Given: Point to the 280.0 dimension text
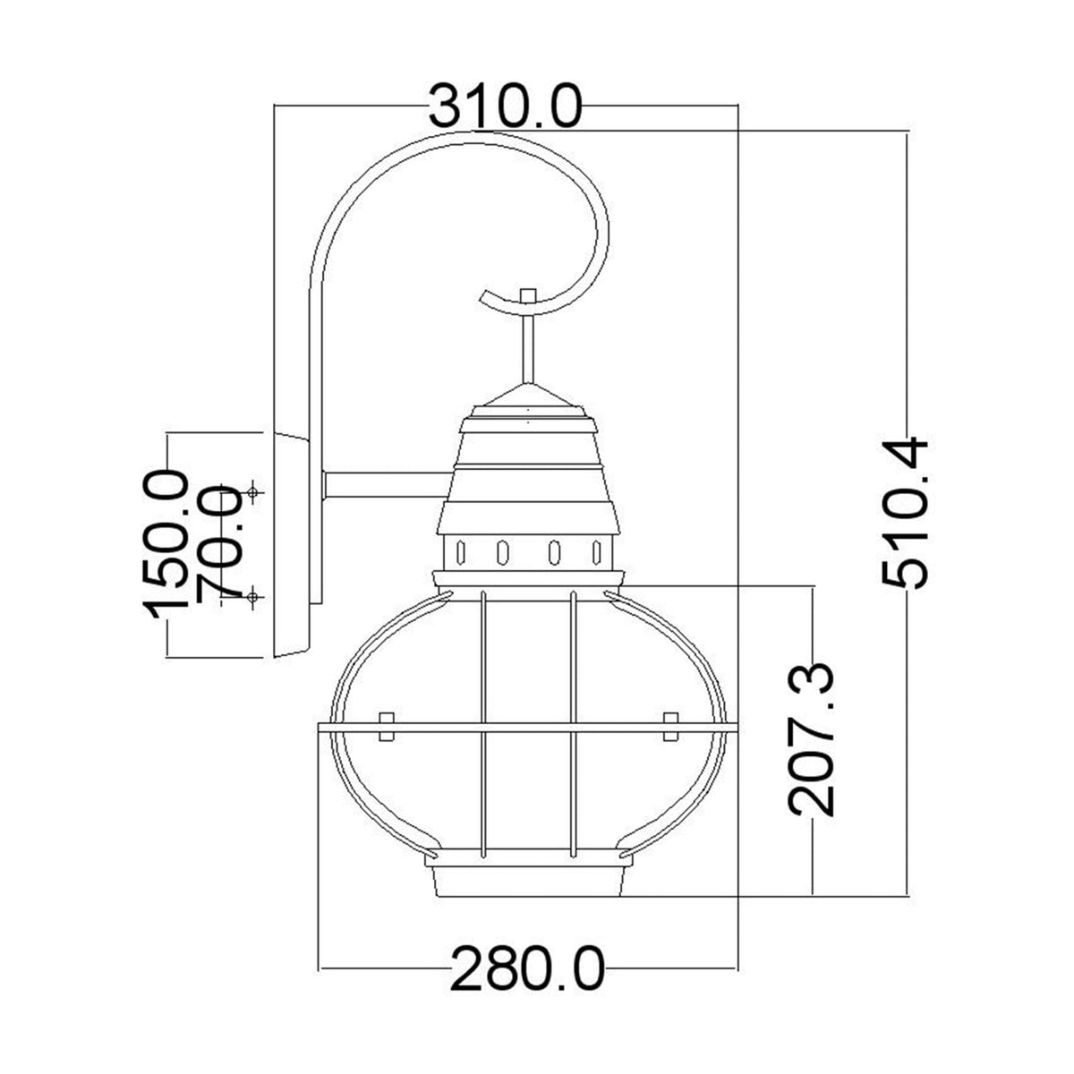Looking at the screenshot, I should (x=527, y=969).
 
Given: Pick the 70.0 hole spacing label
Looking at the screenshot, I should (x=218, y=543).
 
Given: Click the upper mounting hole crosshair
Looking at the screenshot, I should (x=254, y=492).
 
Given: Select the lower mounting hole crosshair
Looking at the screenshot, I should (x=254, y=596).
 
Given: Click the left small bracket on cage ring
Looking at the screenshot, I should (x=387, y=726).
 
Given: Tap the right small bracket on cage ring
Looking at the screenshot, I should (x=669, y=726).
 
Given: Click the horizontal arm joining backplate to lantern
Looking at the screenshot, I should (x=385, y=485).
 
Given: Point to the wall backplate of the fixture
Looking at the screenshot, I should (x=291, y=545).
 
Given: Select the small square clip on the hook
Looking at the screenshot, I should (x=528, y=295).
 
